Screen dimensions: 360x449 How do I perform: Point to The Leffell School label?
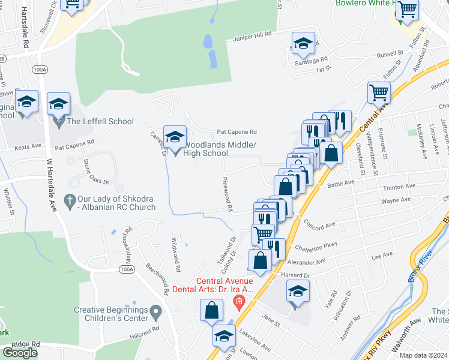click(x=100, y=121)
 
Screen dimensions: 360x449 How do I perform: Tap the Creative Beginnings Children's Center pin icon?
click(x=156, y=311)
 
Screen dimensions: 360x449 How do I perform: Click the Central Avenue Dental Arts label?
click(x=224, y=284)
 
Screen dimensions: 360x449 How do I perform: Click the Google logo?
click(x=20, y=352)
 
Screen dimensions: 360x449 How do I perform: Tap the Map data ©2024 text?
click(x=424, y=355)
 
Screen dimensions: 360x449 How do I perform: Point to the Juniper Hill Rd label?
click(x=253, y=38)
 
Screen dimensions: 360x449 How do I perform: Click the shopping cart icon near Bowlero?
click(x=407, y=10)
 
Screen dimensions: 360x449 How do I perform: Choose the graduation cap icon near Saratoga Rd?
click(x=303, y=43)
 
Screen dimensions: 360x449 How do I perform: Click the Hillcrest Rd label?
click(x=147, y=329)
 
